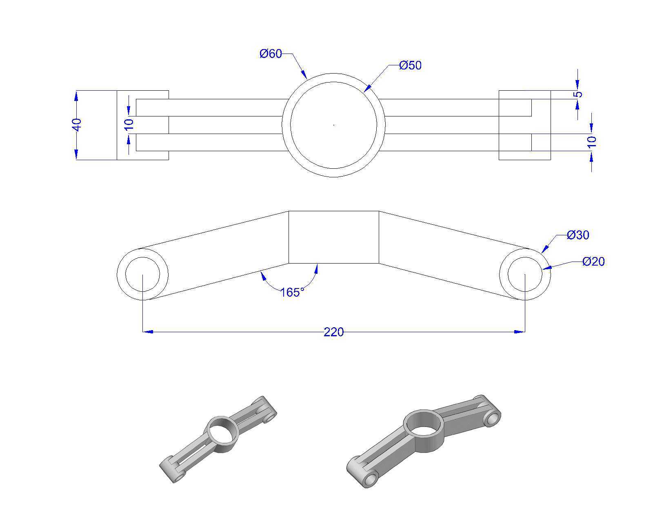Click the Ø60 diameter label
pyautogui.click(x=271, y=54)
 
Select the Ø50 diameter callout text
pyautogui.click(x=410, y=65)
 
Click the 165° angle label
pyautogui.click(x=292, y=292)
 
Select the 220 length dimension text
pyautogui.click(x=333, y=332)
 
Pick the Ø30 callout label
pyautogui.click(x=578, y=235)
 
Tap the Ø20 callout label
pyautogui.click(x=593, y=261)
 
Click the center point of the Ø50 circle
pyautogui.click(x=334, y=125)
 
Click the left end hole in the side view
pyautogui.click(x=142, y=274)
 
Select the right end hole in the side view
pyautogui.click(x=525, y=274)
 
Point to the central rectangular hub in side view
pyautogui.click(x=334, y=237)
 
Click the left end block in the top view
pyautogui.click(x=142, y=125)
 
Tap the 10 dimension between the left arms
pyautogui.click(x=129, y=124)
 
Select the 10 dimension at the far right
pyautogui.click(x=592, y=142)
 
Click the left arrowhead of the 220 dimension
pyautogui.click(x=148, y=332)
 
